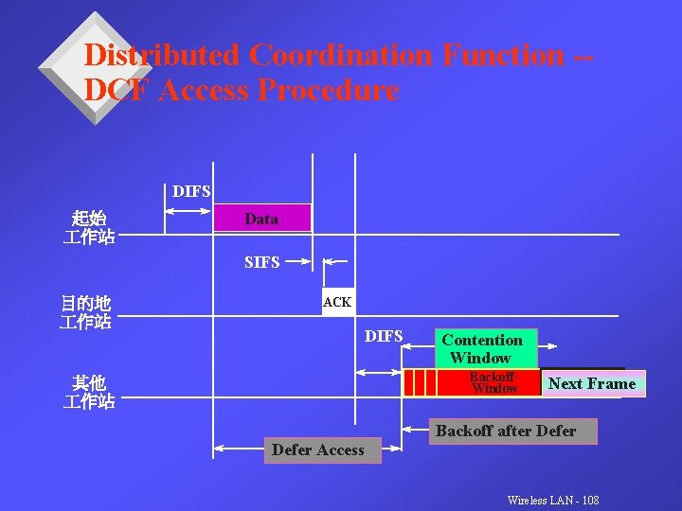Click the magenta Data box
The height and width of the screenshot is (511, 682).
pyautogui.click(x=262, y=219)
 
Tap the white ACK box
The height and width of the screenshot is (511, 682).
pyautogui.click(x=338, y=302)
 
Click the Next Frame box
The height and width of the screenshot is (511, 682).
pyautogui.click(x=593, y=383)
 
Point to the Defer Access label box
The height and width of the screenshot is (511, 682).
pyautogui.click(x=317, y=450)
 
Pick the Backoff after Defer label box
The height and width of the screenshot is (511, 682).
pyautogui.click(x=505, y=432)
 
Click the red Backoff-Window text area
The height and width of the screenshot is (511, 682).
pyautogui.click(x=494, y=382)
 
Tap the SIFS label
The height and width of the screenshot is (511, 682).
pyautogui.click(x=261, y=262)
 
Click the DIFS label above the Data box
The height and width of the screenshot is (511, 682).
pyautogui.click(x=191, y=191)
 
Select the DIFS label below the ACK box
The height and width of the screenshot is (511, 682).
pyautogui.click(x=384, y=336)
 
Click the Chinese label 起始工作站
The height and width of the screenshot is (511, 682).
pyautogui.click(x=89, y=227)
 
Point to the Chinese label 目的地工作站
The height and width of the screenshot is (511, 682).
pyautogui.click(x=86, y=312)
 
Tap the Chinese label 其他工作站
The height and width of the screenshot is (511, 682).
pyautogui.click(x=89, y=392)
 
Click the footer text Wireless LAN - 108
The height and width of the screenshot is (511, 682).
pyautogui.click(x=553, y=500)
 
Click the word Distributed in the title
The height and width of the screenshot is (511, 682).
pyautogui.click(x=162, y=55)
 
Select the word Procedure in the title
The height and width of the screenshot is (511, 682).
pyautogui.click(x=329, y=91)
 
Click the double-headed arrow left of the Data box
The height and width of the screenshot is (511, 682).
pyautogui.click(x=189, y=211)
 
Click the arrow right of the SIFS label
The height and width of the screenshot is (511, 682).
pyautogui.click(x=299, y=260)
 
